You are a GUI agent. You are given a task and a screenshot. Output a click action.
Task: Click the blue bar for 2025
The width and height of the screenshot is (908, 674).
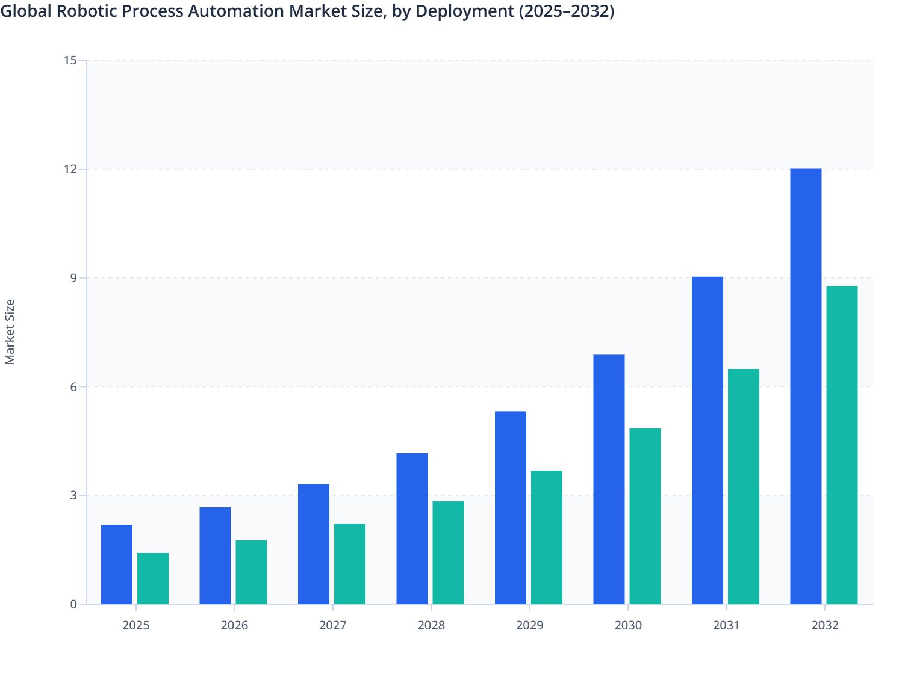pyautogui.click(x=117, y=564)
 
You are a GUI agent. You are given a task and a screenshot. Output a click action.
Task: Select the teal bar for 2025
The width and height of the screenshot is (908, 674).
pyautogui.click(x=153, y=578)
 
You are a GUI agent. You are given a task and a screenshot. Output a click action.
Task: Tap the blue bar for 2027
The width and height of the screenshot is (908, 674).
pyautogui.click(x=314, y=544)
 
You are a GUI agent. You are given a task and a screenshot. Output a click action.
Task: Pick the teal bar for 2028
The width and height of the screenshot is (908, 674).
pyautogui.click(x=448, y=552)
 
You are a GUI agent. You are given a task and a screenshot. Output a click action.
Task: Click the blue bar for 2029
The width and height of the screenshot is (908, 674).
pyautogui.click(x=511, y=507)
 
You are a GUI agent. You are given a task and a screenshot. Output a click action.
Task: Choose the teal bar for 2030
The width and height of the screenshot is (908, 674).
pyautogui.click(x=645, y=516)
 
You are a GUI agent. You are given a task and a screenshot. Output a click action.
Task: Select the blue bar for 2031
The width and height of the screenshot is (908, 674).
pyautogui.click(x=707, y=440)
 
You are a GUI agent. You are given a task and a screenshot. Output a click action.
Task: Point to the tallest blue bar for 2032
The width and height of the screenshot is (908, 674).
pyautogui.click(x=806, y=386)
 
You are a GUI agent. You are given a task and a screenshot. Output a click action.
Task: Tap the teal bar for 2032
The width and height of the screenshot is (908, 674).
pyautogui.click(x=842, y=445)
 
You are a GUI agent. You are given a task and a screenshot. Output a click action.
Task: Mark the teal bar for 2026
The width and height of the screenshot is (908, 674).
pyautogui.click(x=251, y=572)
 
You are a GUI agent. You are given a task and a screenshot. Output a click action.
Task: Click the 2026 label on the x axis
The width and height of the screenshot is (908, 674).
pyautogui.click(x=234, y=625)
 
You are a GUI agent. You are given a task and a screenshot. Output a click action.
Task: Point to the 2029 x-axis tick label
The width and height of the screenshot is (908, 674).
pyautogui.click(x=529, y=625)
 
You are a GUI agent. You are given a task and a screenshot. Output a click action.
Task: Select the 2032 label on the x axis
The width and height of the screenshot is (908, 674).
pyautogui.click(x=825, y=625)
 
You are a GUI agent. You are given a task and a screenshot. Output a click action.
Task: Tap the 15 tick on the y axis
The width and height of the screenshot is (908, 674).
pyautogui.click(x=70, y=60)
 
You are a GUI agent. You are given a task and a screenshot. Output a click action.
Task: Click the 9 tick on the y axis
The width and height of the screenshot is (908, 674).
pyautogui.click(x=73, y=278)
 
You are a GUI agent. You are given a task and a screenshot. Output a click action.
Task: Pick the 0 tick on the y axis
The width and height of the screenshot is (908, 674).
pyautogui.click(x=73, y=604)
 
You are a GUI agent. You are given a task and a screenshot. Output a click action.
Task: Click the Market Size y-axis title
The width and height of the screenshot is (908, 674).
pyautogui.click(x=10, y=332)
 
